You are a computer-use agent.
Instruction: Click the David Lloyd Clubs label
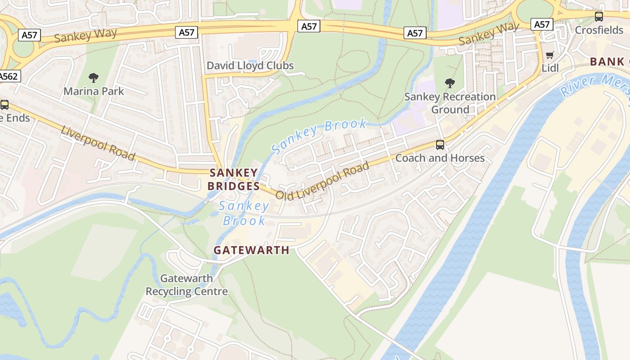point(250,66)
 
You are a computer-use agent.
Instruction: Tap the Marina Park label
point(94,91)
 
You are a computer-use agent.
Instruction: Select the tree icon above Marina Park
point(94,78)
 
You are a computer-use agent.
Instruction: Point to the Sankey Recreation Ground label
point(450,103)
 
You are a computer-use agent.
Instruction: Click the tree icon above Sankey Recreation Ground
point(450,83)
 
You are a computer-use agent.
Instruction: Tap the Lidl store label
point(549,68)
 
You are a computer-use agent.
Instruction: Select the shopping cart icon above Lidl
point(549,55)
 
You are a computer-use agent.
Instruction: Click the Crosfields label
point(599,30)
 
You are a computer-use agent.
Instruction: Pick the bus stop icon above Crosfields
point(599,17)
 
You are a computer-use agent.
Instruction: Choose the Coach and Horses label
point(440,158)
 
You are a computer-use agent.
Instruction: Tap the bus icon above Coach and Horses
point(440,145)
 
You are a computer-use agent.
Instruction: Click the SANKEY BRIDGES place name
point(234,179)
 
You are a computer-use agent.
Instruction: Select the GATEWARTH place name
point(251,250)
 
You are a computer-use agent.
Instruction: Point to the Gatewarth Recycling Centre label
point(186,285)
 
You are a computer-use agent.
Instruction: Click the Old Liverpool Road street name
point(322,181)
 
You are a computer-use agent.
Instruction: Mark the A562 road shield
point(9,76)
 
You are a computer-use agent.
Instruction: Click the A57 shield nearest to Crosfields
point(542,24)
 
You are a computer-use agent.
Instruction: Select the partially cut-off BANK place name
point(607,62)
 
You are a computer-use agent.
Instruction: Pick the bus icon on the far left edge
point(4,105)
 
